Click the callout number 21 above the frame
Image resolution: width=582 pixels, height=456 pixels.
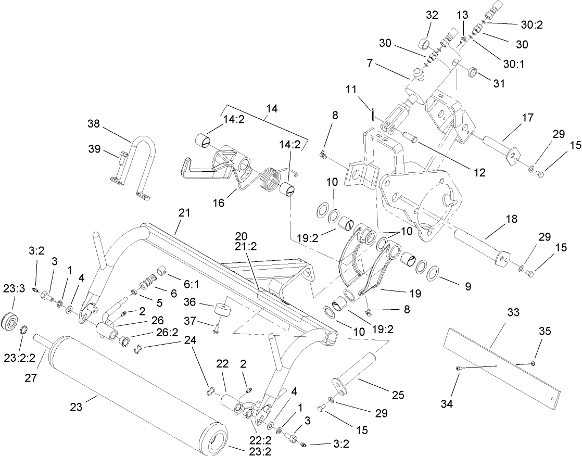[184, 213]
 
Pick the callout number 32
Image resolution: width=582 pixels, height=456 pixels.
[432, 15]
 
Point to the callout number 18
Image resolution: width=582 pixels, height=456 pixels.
[511, 219]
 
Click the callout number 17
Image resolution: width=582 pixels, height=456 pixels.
[527, 118]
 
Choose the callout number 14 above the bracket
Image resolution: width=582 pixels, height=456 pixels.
[271, 109]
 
